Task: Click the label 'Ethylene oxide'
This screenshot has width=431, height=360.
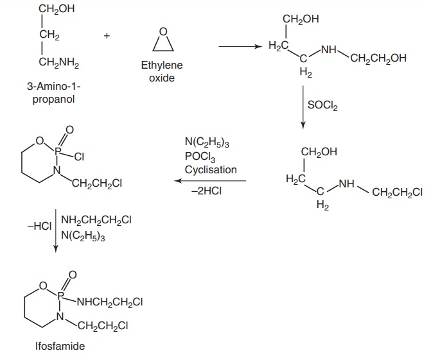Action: (x=161, y=71)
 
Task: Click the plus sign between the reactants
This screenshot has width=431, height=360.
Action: (x=107, y=37)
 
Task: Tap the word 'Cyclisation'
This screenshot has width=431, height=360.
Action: (x=211, y=169)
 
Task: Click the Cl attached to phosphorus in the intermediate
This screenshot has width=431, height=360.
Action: (x=80, y=155)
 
